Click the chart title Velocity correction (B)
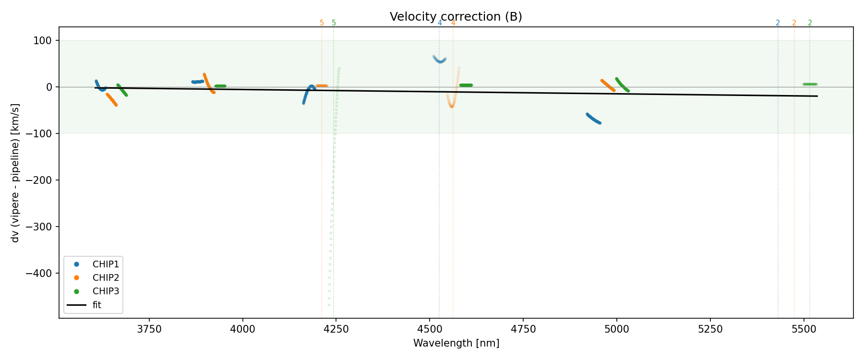click(456, 17)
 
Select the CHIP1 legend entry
click(106, 264)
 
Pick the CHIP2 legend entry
click(106, 278)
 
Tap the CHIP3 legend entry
click(106, 291)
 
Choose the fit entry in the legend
click(96, 305)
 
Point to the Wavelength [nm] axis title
click(456, 343)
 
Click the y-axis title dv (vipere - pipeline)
click(15, 173)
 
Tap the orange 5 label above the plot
click(322, 23)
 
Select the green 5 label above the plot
click(334, 23)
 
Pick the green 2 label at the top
click(810, 23)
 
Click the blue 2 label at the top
click(778, 23)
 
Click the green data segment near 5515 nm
click(810, 84)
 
